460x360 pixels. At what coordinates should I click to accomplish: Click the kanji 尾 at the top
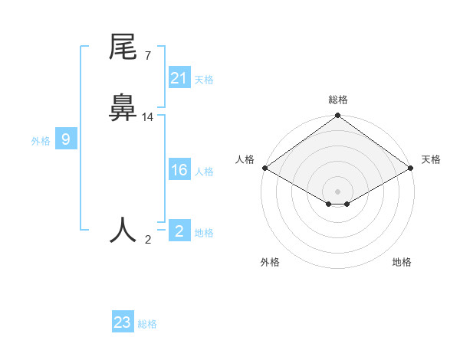(123, 48)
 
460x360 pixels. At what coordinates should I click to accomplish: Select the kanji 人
(123, 230)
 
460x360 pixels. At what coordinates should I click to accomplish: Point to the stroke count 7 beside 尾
(147, 56)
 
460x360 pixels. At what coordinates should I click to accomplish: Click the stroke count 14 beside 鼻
(148, 117)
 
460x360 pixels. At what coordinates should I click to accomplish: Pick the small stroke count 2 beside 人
(148, 240)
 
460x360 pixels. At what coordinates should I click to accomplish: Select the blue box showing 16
(179, 170)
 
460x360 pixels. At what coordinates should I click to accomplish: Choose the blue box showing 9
(66, 139)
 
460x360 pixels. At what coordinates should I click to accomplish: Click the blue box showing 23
(123, 322)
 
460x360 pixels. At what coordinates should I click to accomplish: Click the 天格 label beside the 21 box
(204, 79)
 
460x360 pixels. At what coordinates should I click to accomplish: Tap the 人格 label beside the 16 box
(204, 172)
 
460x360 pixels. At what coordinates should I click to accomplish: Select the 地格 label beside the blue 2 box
(204, 233)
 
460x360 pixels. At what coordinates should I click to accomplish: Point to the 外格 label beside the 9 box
(41, 141)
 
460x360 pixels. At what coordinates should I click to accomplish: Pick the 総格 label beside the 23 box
(147, 324)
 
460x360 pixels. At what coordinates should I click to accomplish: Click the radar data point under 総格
(337, 116)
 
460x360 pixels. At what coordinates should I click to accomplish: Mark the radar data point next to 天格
(412, 169)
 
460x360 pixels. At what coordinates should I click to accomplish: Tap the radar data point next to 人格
(264, 168)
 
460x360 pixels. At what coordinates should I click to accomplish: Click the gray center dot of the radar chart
(337, 191)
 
